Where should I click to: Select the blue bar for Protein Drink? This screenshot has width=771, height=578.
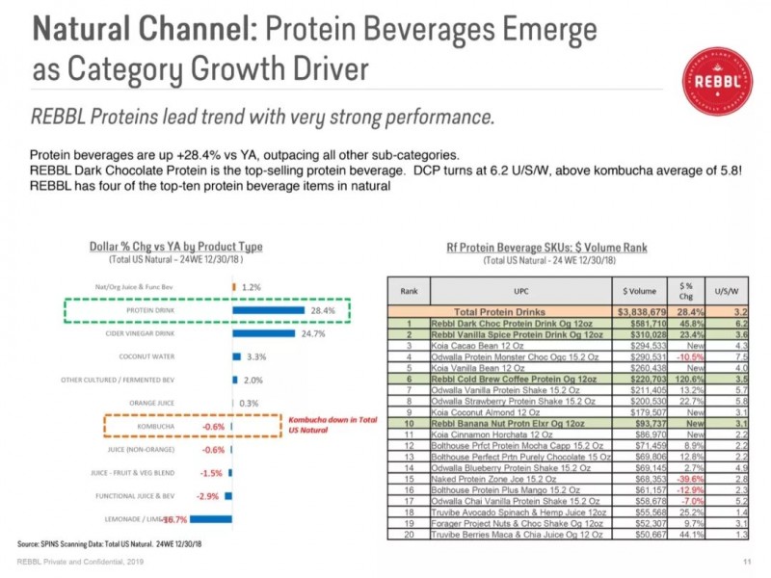(x=270, y=310)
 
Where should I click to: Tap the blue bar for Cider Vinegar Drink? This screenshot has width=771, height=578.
(x=265, y=333)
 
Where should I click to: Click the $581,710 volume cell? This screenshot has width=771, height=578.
(x=639, y=325)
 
